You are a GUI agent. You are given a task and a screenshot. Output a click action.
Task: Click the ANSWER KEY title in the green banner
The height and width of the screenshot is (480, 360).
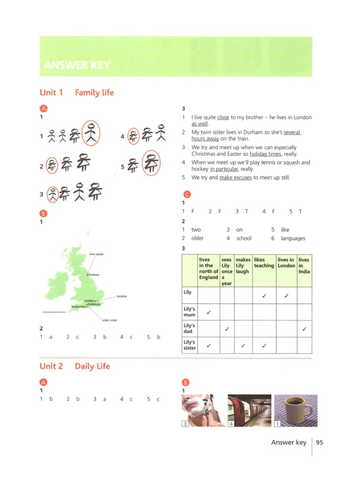pos(77,65)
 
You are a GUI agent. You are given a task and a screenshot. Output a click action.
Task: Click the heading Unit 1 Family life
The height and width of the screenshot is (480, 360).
pos(77,92)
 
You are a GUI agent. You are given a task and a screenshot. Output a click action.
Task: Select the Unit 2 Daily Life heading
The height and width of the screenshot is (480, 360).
pos(75,366)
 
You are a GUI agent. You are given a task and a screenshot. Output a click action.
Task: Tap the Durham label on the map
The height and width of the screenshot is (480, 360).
pos(94,274)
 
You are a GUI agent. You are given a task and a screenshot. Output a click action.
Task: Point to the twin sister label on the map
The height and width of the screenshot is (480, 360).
pos(97,254)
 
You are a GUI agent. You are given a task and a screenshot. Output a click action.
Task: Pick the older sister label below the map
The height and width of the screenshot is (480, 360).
pos(109,320)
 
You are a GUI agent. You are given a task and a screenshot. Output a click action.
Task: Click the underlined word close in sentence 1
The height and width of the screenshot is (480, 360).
pos(223,118)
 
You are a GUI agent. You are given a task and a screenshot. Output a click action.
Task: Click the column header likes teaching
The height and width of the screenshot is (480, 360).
pos(264,262)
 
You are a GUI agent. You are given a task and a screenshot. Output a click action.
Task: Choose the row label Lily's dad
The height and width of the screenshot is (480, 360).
pos(189,328)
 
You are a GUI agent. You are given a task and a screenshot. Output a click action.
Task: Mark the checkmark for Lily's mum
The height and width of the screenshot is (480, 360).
pos(209,312)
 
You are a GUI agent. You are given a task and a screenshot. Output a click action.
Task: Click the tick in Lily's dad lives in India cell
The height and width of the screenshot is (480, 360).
pos(305,329)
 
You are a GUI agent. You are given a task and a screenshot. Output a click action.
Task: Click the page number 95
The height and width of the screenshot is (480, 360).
pos(320,442)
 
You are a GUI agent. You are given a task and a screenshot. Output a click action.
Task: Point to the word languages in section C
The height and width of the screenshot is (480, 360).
pos(293,238)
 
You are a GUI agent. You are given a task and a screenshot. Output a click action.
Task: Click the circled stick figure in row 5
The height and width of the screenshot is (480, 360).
pos(151,164)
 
